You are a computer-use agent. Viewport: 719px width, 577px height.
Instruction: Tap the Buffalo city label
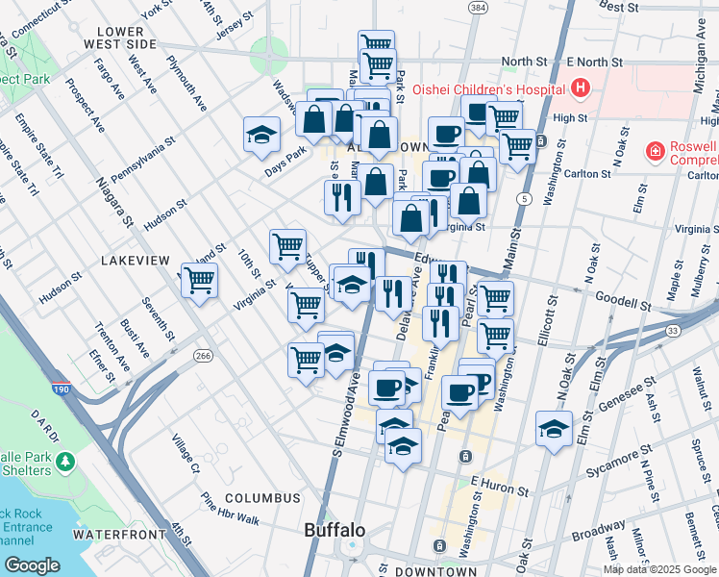[x=335, y=530]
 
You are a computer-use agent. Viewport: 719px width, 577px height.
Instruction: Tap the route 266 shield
[x=202, y=356]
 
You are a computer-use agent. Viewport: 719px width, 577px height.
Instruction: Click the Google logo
[x=32, y=564]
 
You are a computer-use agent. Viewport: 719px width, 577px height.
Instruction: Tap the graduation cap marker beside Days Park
[x=261, y=136]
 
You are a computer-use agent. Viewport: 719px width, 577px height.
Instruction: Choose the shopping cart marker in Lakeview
[x=200, y=281]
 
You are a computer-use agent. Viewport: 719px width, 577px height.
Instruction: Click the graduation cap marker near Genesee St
[x=554, y=429]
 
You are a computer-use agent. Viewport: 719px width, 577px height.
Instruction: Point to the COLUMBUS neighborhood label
[x=262, y=498]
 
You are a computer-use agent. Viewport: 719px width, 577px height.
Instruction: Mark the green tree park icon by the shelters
[x=65, y=463]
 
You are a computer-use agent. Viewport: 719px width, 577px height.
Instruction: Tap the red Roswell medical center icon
[x=654, y=152]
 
